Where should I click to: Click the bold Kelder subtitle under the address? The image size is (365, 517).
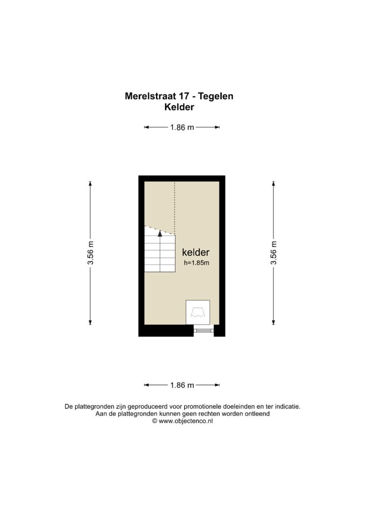coord(179,107)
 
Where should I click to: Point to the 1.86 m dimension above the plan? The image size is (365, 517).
coord(182,127)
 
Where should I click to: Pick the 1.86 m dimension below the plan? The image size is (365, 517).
coord(182,385)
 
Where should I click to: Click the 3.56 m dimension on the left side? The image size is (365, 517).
coord(90,252)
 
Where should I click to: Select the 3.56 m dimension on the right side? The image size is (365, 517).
coord(273,252)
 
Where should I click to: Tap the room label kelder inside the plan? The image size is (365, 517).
coord(196,252)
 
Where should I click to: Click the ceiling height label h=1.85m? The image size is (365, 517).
coord(196,263)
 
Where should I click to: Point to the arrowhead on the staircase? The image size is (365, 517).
coord(160,234)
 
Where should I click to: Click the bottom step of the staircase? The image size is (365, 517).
coord(160,268)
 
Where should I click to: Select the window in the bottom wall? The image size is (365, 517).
coord(204,331)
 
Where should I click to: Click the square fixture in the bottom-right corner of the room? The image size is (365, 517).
coord(198,312)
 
